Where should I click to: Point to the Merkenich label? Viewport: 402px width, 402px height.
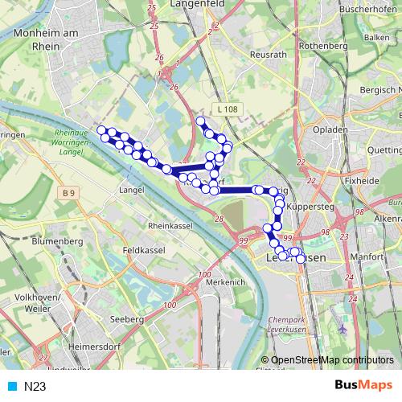coord(225,283)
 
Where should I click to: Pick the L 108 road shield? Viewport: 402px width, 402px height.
coord(227,109)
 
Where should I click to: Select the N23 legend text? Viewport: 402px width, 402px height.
coord(35,386)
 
